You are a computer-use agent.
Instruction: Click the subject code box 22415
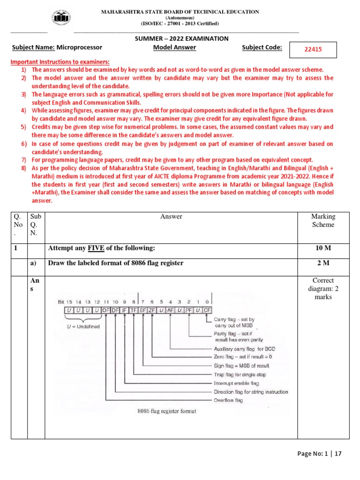click(314, 49)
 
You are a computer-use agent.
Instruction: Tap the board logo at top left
click(60, 18)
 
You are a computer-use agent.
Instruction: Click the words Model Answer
click(174, 47)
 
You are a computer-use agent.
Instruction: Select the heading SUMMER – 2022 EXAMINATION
click(181, 38)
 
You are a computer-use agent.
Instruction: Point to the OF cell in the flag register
click(106, 309)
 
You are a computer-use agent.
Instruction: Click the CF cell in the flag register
click(208, 309)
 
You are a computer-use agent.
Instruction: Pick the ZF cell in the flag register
click(152, 309)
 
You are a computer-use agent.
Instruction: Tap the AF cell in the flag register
click(171, 309)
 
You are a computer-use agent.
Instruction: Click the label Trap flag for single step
click(240, 375)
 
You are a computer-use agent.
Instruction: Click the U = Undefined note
click(81, 327)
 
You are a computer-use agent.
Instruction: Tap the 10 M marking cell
click(323, 247)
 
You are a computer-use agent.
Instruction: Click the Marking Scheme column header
click(323, 220)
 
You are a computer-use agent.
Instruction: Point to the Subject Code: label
click(262, 47)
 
